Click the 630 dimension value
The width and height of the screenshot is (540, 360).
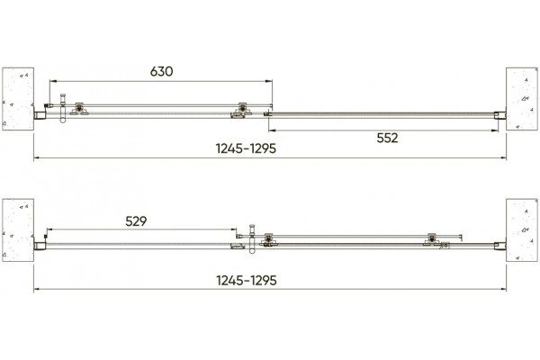pos(161,71)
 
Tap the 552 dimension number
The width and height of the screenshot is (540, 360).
pos(387,138)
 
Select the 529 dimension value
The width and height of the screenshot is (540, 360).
pos(136,221)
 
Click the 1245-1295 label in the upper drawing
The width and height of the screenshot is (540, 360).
pos(246,148)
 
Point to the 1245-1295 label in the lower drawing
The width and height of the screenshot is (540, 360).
pos(247,281)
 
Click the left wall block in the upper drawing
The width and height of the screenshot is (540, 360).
pos(18,99)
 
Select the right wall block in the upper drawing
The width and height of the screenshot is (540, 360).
pos(522,99)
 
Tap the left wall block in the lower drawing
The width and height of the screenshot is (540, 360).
pos(18,230)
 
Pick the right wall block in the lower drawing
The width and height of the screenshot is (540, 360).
pos(522,230)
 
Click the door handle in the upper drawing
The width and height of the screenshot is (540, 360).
pos(63,108)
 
